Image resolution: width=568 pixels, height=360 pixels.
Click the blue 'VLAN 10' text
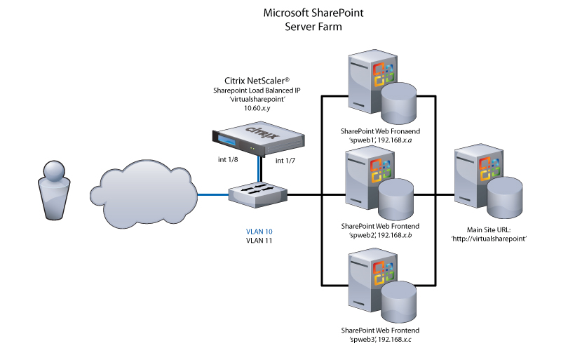click(259, 231)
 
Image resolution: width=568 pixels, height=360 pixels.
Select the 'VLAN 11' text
click(259, 241)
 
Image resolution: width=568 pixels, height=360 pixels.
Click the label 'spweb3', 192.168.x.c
click(380, 340)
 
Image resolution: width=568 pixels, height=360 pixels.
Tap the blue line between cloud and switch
click(214, 194)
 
